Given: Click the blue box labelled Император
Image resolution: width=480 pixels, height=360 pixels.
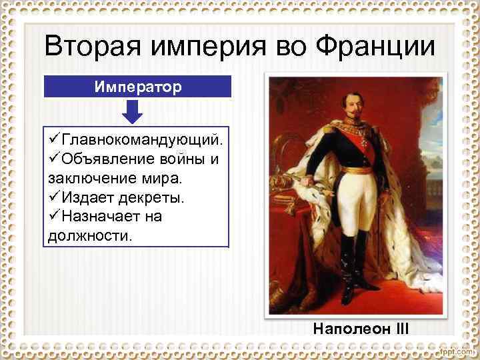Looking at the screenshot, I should click(x=137, y=87).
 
